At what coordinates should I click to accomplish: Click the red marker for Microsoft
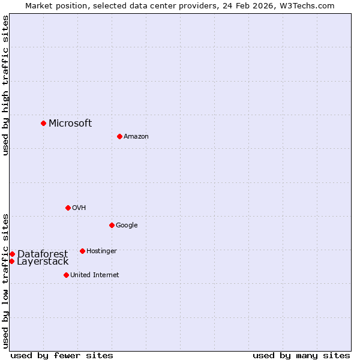click(x=43, y=123)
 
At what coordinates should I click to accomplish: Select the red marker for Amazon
click(x=119, y=136)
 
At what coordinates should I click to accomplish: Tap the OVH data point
click(x=68, y=208)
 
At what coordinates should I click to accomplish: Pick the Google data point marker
click(x=112, y=225)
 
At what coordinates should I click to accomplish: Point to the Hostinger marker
click(x=82, y=251)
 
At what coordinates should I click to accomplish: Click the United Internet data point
click(x=66, y=275)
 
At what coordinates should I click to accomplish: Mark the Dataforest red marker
click(x=12, y=254)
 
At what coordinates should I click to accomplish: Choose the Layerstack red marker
click(x=11, y=261)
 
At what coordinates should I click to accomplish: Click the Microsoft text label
click(x=70, y=124)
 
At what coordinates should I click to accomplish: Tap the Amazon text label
click(x=136, y=137)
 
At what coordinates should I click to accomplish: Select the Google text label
click(x=127, y=226)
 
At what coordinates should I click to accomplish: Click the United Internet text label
click(x=94, y=275)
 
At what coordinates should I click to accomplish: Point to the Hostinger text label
click(x=101, y=251)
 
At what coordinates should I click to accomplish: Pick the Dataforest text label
click(x=42, y=254)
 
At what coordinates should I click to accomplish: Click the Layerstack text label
click(x=43, y=262)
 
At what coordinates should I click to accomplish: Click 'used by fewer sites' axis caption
click(x=62, y=356)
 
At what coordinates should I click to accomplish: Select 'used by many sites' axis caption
click(x=301, y=356)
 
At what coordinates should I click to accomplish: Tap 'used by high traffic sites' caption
click(x=5, y=86)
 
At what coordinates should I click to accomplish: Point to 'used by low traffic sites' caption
click(x=5, y=281)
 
